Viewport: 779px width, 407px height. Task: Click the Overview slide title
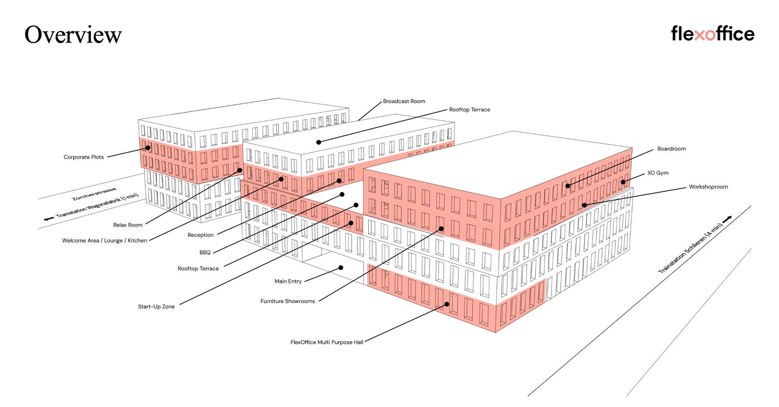click(73, 35)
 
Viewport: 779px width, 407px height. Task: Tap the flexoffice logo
click(713, 34)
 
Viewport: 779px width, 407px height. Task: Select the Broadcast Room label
click(404, 101)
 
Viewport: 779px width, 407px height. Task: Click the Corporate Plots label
click(84, 157)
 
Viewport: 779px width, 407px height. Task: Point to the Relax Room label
click(128, 225)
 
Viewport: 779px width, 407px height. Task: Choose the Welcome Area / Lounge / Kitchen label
click(104, 241)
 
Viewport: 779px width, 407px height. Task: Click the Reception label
click(200, 235)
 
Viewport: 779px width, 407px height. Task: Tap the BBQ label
click(205, 253)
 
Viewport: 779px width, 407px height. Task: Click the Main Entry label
click(288, 281)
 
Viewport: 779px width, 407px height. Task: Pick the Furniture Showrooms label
click(288, 301)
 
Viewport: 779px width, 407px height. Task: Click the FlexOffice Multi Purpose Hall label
click(327, 342)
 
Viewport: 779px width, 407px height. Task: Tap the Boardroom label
click(671, 149)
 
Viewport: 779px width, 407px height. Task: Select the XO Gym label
click(657, 173)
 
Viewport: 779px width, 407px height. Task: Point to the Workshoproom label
click(708, 187)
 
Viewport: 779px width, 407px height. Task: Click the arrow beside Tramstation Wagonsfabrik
click(49, 219)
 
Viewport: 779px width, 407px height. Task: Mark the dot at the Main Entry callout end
click(341, 268)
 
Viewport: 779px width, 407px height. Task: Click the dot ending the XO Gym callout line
click(623, 182)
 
